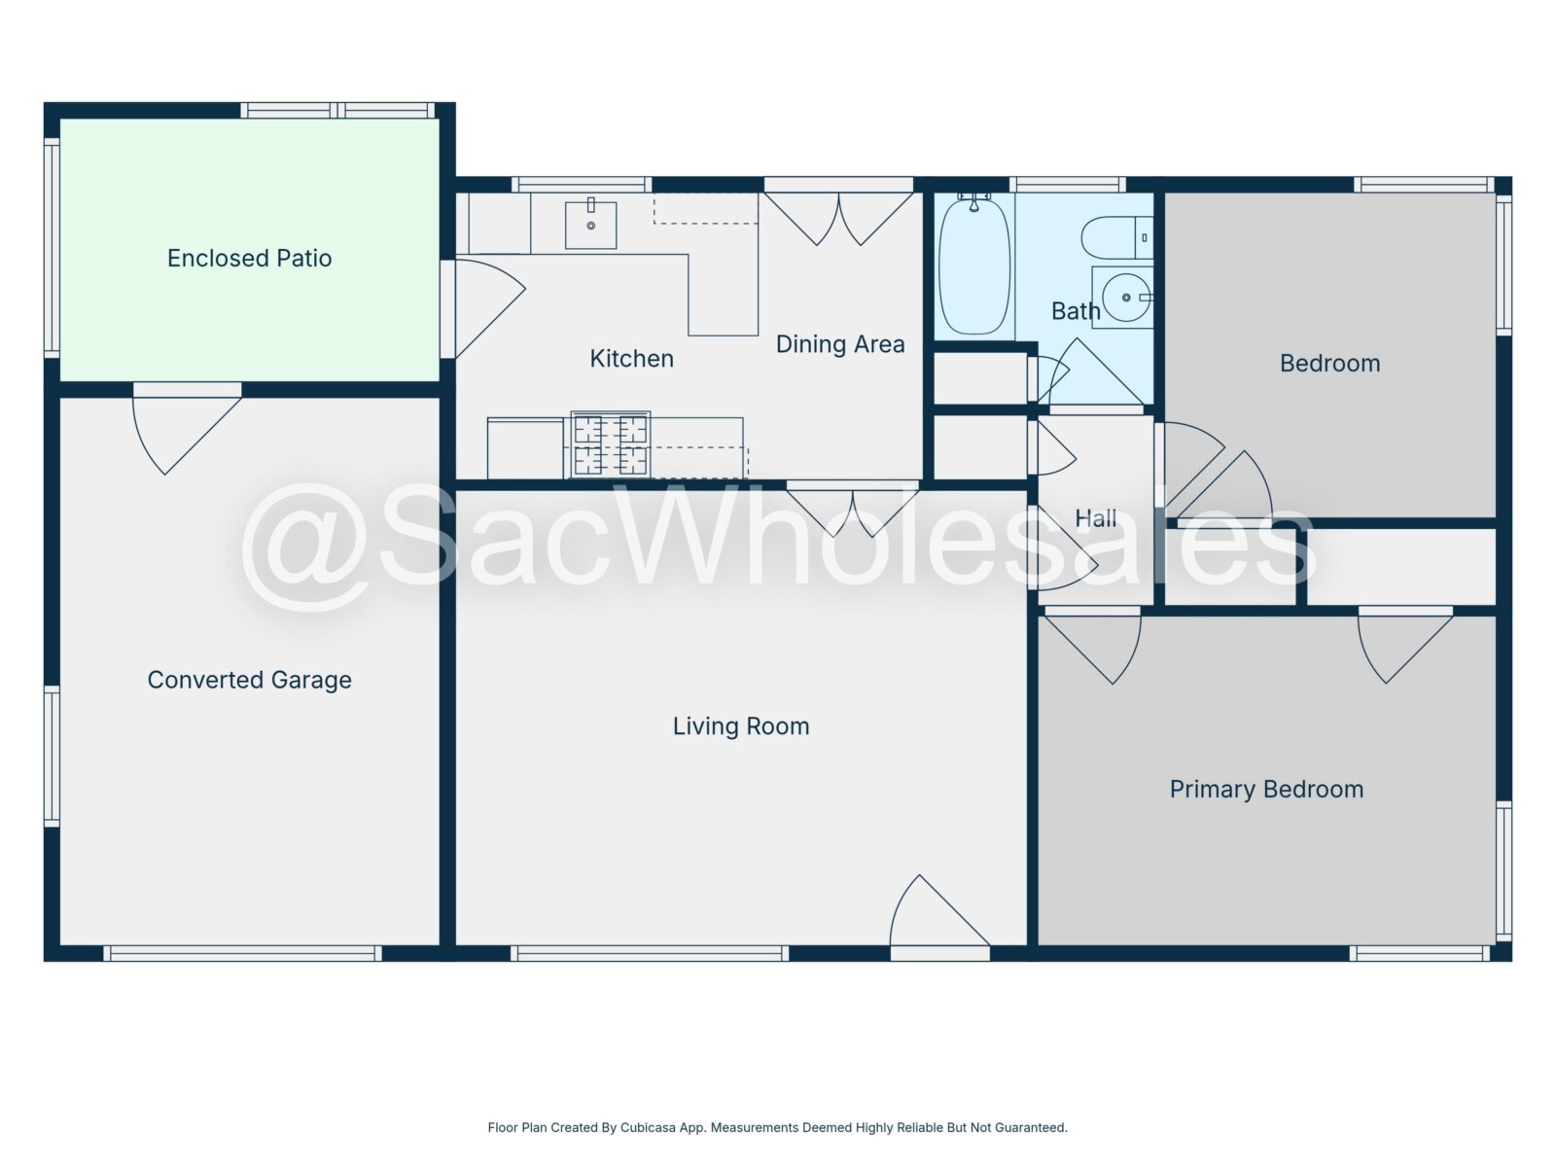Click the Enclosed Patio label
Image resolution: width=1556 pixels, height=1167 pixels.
249,258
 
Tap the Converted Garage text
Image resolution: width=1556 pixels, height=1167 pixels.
249,680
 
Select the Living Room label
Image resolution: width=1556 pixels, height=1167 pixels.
741,726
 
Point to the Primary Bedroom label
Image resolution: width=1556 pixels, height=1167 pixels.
1266,790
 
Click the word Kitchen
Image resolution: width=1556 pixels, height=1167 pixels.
631,359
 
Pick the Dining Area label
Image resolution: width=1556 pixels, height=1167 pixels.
840,344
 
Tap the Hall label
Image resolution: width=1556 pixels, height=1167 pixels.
1095,518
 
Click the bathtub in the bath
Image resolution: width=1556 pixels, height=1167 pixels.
974,265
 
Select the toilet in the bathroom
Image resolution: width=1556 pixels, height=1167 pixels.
1116,237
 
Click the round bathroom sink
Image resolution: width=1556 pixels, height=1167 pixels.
1126,298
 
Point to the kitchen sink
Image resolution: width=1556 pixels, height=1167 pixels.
590,225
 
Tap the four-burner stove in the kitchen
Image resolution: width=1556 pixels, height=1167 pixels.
611,445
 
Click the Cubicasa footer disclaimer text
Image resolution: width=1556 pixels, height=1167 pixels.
778,1127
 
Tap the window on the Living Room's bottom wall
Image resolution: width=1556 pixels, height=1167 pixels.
650,953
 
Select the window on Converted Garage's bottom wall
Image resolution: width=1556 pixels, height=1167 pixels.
242,953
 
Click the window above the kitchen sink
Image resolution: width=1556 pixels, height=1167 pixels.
582,185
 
